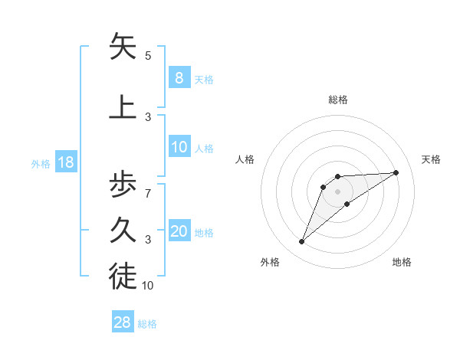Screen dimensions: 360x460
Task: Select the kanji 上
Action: pos(123,106)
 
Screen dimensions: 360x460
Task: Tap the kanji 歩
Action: pos(123,185)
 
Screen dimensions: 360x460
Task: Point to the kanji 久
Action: pos(123,231)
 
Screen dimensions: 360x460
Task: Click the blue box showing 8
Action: pos(179,77)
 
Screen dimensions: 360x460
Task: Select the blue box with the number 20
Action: pos(179,231)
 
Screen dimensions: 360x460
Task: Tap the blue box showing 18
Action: pos(65,162)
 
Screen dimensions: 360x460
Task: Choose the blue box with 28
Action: pos(122,322)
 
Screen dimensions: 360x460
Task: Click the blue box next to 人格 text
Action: pos(179,147)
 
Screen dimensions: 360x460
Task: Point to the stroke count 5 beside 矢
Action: pos(147,56)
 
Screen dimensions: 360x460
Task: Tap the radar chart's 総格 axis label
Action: pos(337,100)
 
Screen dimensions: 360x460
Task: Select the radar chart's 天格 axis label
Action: pos(431,159)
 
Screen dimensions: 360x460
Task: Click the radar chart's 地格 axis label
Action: pos(402,262)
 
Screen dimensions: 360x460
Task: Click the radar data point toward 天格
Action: pos(396,172)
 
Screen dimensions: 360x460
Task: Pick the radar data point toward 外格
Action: pos(301,242)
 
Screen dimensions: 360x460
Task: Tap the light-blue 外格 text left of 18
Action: pos(40,163)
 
